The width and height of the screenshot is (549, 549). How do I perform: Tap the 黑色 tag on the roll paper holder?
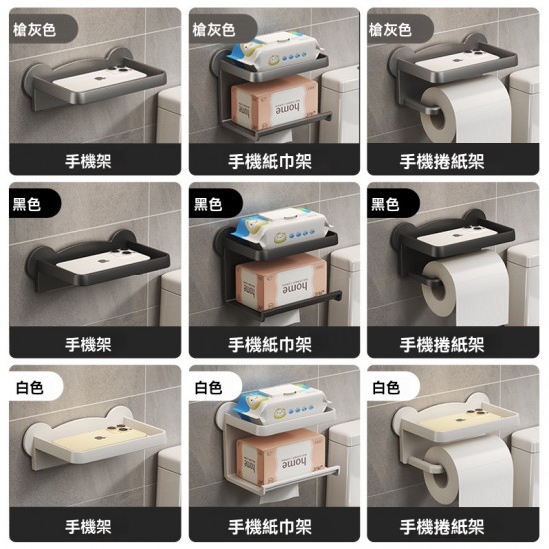point(385,205)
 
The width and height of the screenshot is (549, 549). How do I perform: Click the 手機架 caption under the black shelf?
point(87,344)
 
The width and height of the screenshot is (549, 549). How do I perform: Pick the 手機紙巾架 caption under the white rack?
point(270,526)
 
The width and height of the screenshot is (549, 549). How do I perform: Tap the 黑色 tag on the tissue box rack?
point(207,205)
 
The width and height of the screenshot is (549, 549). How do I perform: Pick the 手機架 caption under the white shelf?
point(87,526)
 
